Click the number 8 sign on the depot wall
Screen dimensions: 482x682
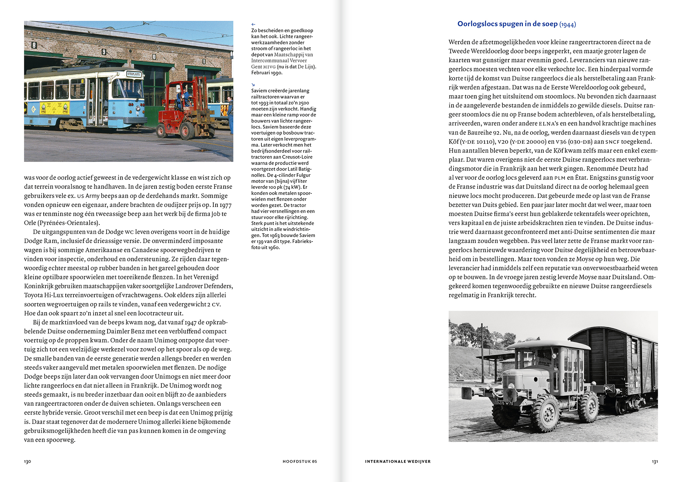pyautogui.click(x=34, y=46)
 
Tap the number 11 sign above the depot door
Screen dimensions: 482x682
pyautogui.click(x=203, y=61)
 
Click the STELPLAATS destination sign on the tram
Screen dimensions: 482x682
pyautogui.click(x=134, y=74)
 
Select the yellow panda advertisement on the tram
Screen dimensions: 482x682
pyautogui.click(x=55, y=108)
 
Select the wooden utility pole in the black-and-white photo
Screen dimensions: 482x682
pyautogui.click(x=483, y=353)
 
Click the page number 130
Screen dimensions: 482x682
pyautogui.click(x=27, y=462)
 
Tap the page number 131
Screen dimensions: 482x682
pyautogui.click(x=655, y=462)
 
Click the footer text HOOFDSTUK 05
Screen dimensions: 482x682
pyautogui.click(x=300, y=462)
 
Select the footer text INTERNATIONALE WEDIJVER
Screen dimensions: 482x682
pyautogui.click(x=398, y=462)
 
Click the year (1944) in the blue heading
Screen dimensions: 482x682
pyautogui.click(x=568, y=25)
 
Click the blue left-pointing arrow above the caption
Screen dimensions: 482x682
pyautogui.click(x=253, y=25)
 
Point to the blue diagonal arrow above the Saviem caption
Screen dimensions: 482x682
pyautogui.click(x=253, y=85)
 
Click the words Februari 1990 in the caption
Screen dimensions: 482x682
pyautogui.click(x=267, y=73)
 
